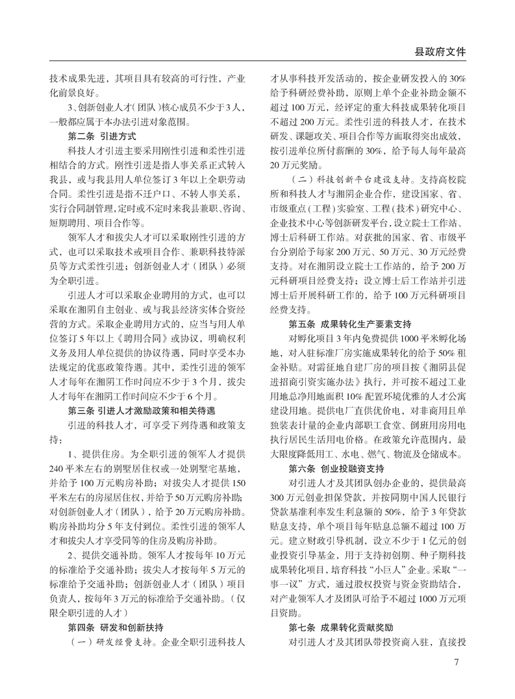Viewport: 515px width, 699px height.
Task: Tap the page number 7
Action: (457, 663)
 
